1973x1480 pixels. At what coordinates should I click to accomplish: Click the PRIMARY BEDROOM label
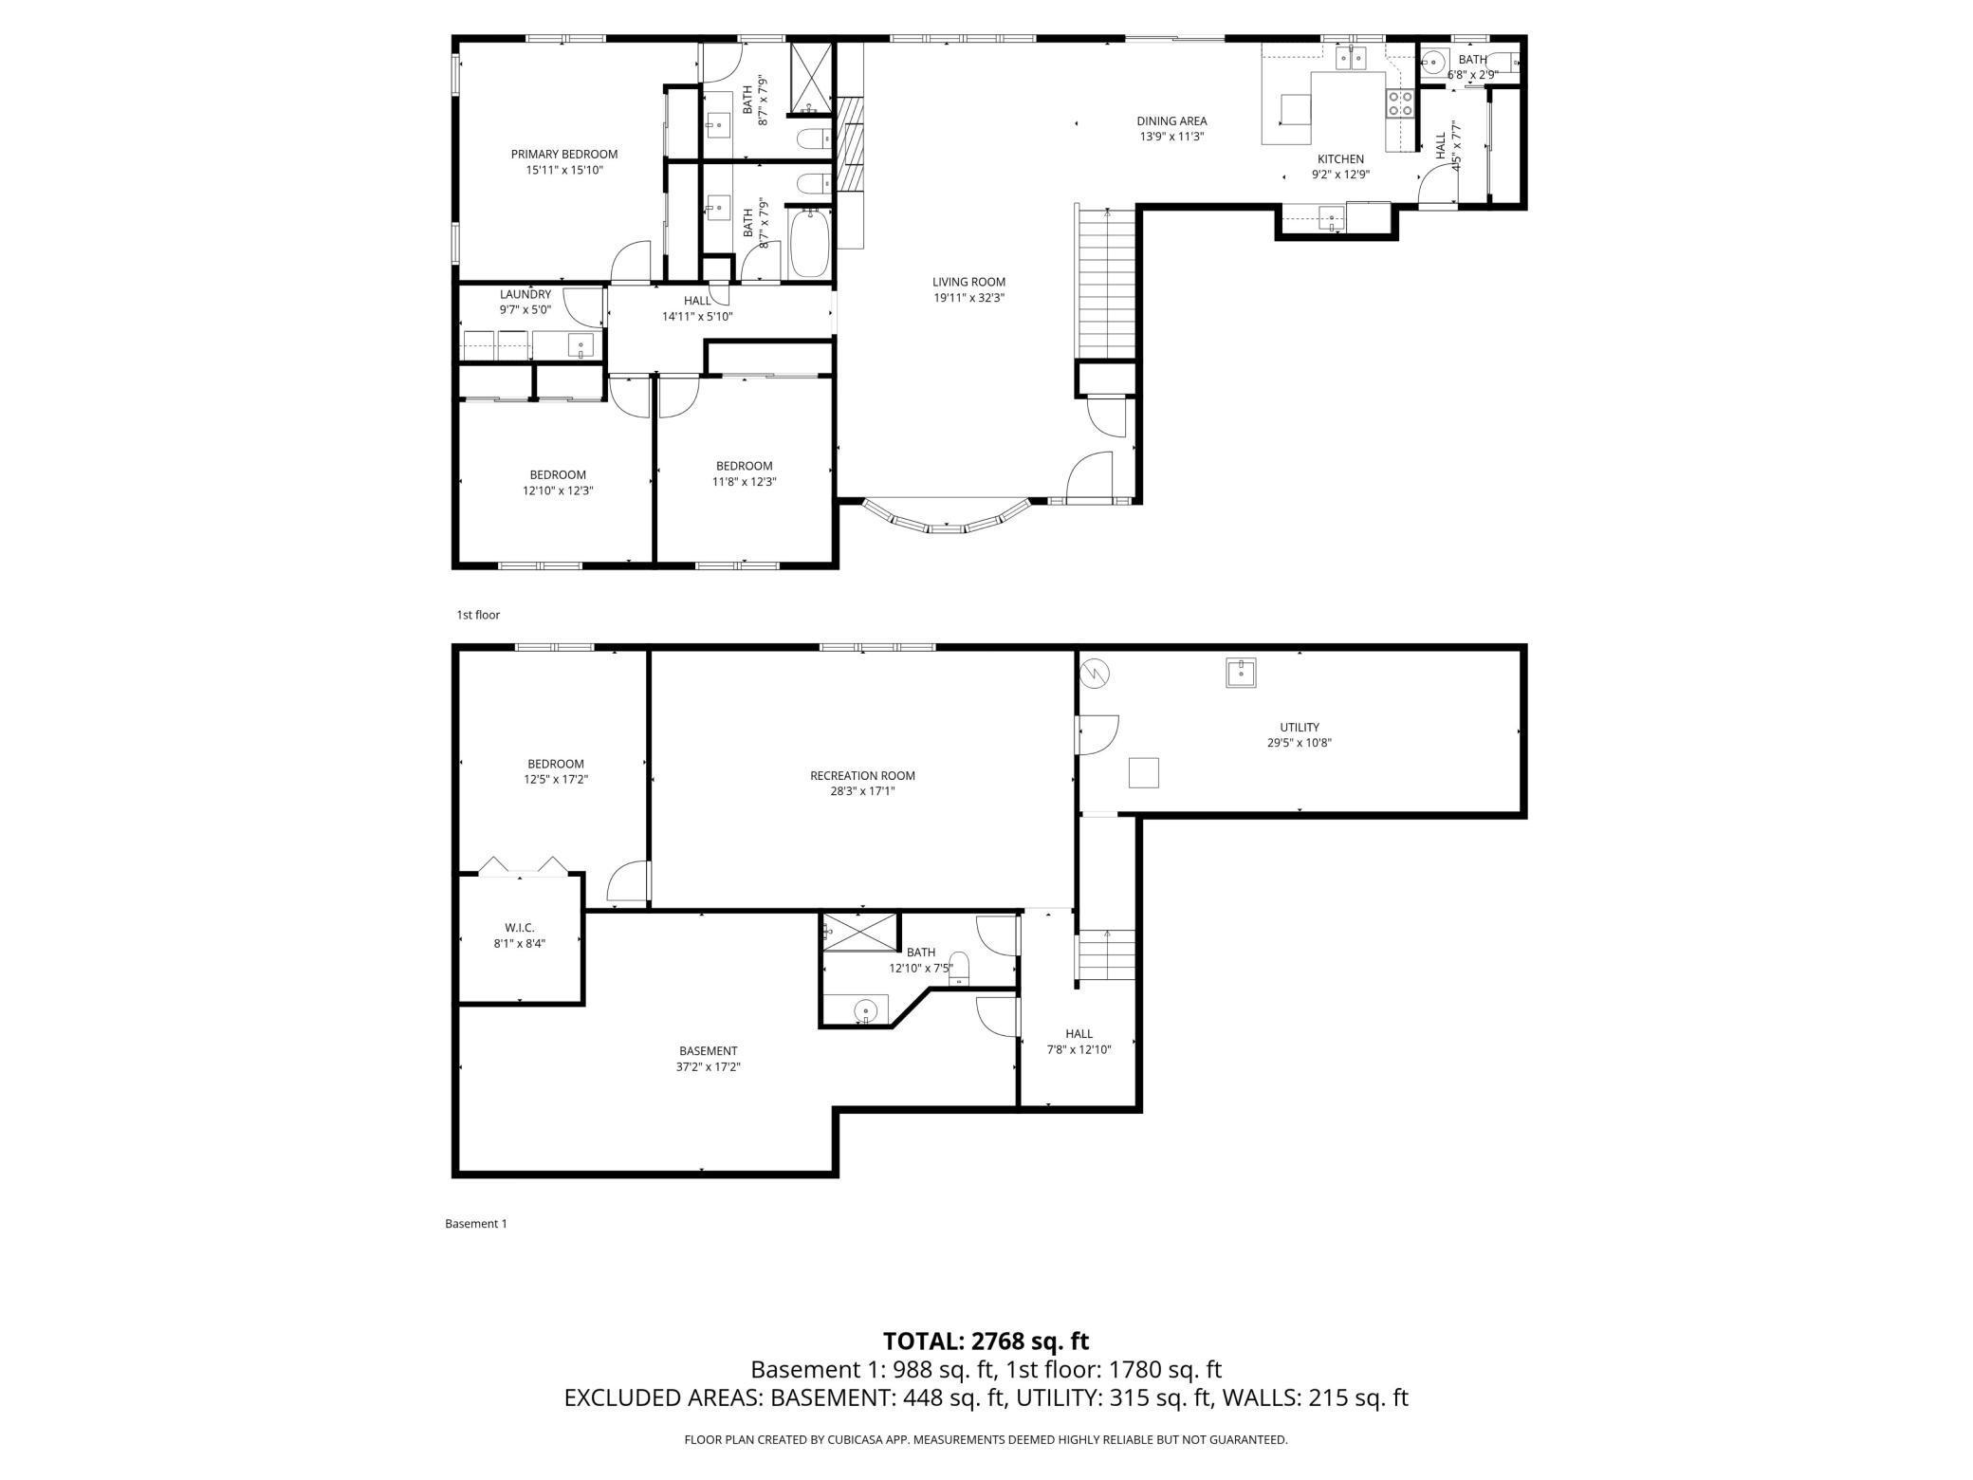[x=564, y=154]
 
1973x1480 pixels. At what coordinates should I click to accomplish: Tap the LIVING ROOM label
[x=968, y=282]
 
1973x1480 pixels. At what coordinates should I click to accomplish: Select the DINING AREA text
[x=1171, y=120]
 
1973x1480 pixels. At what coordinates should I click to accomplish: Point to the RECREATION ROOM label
[x=862, y=775]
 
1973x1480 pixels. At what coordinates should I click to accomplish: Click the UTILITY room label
[x=1300, y=728]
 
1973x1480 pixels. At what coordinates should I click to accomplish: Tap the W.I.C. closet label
[x=520, y=928]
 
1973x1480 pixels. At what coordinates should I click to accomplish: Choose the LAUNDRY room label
[x=526, y=294]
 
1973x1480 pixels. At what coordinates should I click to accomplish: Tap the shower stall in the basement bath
[x=859, y=933]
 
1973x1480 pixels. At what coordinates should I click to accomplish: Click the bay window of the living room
[x=946, y=522]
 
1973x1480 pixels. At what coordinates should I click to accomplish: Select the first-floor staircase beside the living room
[x=1106, y=282]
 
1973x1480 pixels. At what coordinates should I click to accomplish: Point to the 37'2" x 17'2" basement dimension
[x=709, y=1066]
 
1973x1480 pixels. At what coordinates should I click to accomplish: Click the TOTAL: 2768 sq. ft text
[x=986, y=1341]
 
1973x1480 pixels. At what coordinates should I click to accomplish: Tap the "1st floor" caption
[x=478, y=615]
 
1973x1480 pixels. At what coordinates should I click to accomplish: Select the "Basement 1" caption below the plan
[x=476, y=1224]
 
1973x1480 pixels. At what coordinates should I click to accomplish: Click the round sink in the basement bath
[x=865, y=1011]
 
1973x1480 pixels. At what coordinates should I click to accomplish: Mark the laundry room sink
[x=581, y=345]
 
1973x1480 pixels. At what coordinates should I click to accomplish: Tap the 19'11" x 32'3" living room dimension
[x=968, y=298]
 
